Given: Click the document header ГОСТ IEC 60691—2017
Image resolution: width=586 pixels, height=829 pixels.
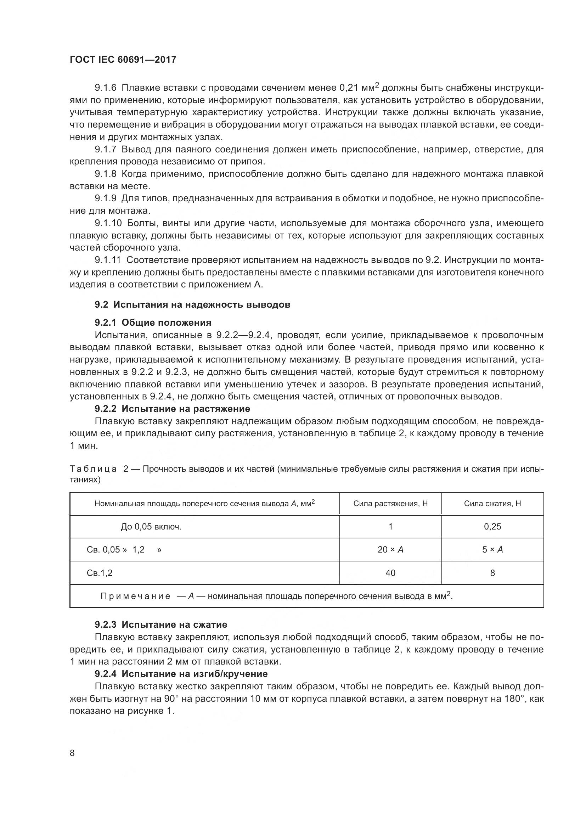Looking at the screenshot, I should pyautogui.click(x=123, y=60).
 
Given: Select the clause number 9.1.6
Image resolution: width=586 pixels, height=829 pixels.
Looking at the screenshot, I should pyautogui.click(x=106, y=88).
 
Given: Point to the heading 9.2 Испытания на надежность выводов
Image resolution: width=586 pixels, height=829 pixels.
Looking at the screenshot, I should pyautogui.click(x=192, y=304).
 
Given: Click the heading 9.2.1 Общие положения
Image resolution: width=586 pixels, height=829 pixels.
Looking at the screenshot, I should pyautogui.click(x=153, y=323).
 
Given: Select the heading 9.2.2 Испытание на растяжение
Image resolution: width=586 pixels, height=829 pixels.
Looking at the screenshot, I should pyautogui.click(x=173, y=409).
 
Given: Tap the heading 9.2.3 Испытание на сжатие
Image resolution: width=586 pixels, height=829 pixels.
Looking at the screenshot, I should pyautogui.click(x=161, y=624).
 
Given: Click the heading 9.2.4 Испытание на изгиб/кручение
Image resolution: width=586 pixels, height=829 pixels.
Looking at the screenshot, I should pyautogui.click(x=181, y=674).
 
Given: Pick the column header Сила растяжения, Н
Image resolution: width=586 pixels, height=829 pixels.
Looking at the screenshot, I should pyautogui.click(x=390, y=503).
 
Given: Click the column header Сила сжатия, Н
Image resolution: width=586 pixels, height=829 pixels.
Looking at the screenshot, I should pyautogui.click(x=492, y=503).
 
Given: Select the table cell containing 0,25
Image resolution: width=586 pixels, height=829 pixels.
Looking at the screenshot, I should pyautogui.click(x=492, y=526).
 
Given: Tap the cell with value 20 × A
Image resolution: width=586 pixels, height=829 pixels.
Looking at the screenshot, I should pyautogui.click(x=390, y=550).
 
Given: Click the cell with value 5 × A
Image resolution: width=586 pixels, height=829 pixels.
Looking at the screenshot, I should pyautogui.click(x=492, y=550).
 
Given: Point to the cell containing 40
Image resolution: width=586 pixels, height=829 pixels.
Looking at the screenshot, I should pyautogui.click(x=390, y=573).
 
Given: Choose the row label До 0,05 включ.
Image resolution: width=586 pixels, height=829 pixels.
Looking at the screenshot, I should pyautogui.click(x=151, y=526).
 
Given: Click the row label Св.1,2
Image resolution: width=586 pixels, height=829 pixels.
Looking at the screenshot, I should pyautogui.click(x=100, y=573).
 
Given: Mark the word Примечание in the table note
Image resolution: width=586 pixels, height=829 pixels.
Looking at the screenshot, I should pyautogui.click(x=135, y=596).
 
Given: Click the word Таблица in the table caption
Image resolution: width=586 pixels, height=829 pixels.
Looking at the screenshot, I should pyautogui.click(x=93, y=469).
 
